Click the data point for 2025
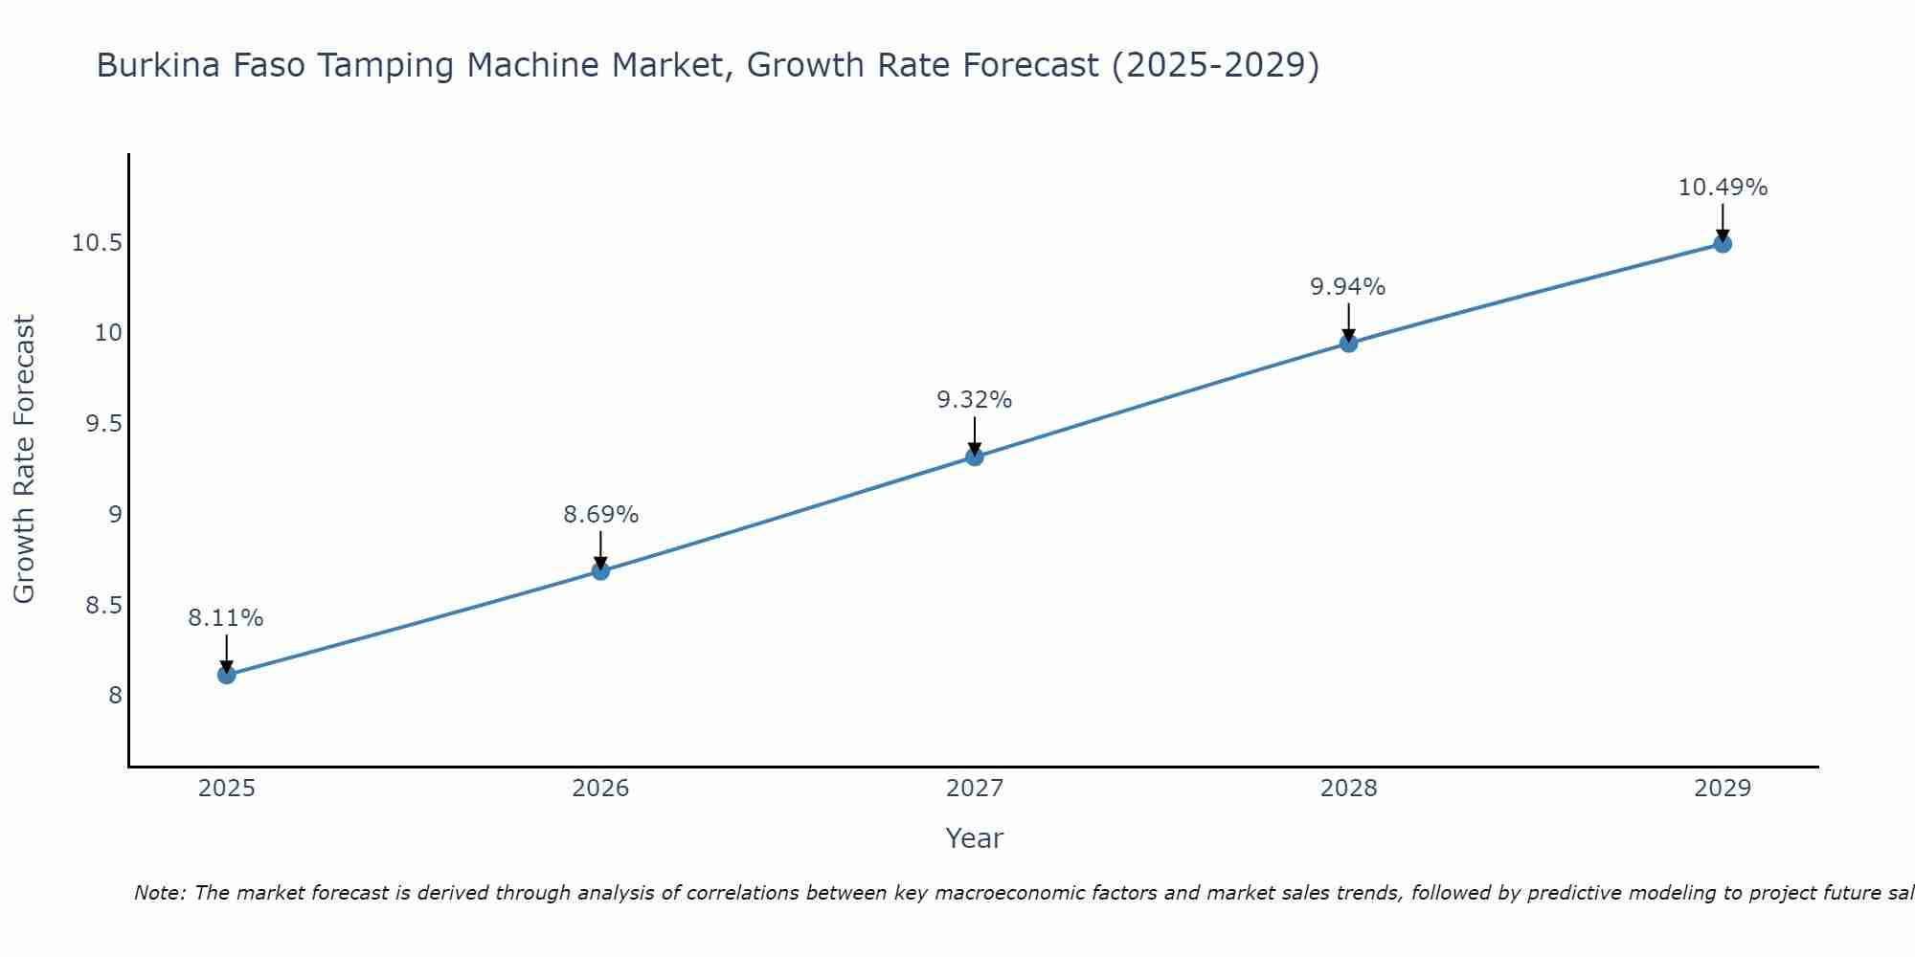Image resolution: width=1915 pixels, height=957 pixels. [226, 675]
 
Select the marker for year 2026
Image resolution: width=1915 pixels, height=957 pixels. [600, 571]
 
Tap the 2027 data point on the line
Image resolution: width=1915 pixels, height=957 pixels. [974, 456]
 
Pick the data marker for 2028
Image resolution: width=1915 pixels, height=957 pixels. [1348, 344]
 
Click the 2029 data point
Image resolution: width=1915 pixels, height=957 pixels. [1722, 244]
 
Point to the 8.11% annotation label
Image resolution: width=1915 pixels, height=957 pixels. [226, 618]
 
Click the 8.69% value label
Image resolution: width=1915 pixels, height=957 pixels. [600, 515]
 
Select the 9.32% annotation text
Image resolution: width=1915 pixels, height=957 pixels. [974, 400]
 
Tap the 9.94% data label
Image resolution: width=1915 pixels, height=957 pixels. [1348, 287]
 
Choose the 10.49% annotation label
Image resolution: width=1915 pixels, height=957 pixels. [1722, 188]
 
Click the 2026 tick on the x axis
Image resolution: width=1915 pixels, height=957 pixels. [600, 789]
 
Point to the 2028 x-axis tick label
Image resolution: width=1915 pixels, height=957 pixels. [1348, 789]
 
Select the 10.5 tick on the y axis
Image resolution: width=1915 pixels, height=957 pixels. [97, 243]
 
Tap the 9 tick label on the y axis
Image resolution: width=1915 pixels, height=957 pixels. [115, 515]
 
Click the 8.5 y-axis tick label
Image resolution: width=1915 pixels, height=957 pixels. [103, 606]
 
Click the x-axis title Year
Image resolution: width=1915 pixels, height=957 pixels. [974, 838]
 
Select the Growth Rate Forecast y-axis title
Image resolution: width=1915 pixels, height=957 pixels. [24, 458]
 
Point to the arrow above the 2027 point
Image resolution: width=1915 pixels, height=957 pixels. [974, 435]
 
